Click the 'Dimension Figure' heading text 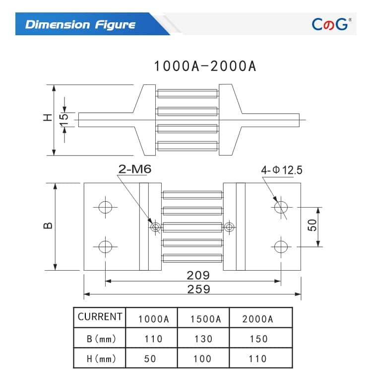coord(80,24)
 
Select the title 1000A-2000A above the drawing coord(205,66)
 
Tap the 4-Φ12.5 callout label coord(282,170)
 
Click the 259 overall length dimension coord(198,289)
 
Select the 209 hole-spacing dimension coord(198,275)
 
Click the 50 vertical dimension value coord(312,226)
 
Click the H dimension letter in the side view coord(47,118)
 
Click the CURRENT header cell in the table coord(100,317)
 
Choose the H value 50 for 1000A coord(150,358)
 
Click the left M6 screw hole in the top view coord(156,227)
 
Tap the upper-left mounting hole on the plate coord(105,207)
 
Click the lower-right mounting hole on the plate coord(281,246)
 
